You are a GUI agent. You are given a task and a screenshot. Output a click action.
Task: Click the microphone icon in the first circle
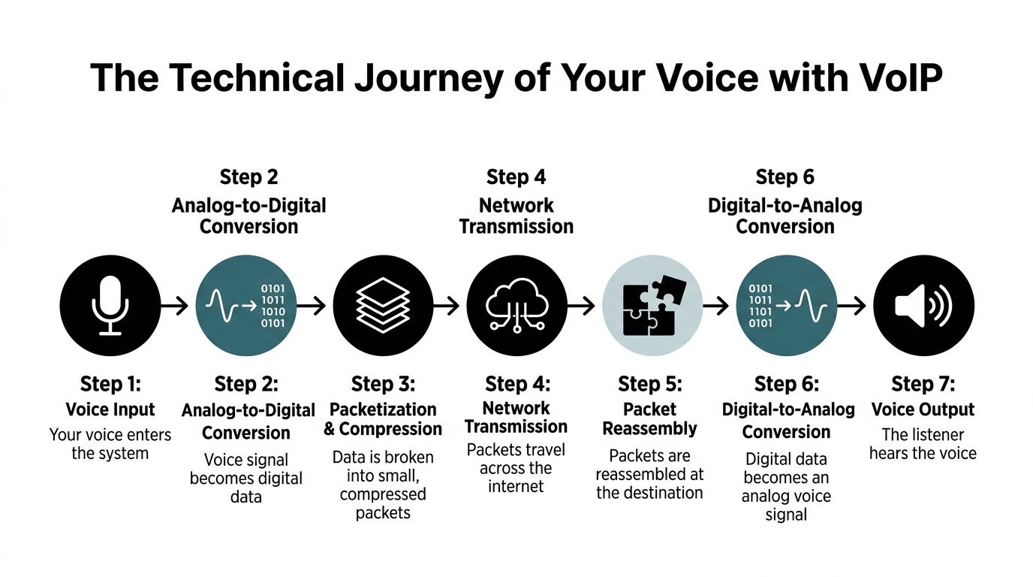click(110, 305)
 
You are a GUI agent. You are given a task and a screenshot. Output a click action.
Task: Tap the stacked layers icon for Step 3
click(382, 305)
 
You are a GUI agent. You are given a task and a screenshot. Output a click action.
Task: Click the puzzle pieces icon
click(652, 305)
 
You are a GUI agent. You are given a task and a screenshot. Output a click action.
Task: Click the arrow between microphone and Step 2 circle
click(176, 305)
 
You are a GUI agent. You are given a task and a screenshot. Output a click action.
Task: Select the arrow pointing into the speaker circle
click(852, 306)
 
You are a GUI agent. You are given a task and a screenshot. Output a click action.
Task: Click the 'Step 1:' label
click(110, 384)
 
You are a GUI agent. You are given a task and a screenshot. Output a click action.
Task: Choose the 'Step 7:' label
click(923, 384)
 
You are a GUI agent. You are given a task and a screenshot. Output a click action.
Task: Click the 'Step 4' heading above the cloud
click(516, 177)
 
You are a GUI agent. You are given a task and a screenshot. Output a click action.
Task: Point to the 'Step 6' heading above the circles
click(785, 177)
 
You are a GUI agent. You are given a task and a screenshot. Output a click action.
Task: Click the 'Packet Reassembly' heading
click(650, 418)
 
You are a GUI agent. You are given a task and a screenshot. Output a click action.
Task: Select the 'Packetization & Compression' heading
click(383, 418)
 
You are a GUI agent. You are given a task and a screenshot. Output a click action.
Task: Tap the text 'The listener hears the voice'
click(923, 443)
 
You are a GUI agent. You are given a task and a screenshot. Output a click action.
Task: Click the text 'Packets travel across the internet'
click(516, 467)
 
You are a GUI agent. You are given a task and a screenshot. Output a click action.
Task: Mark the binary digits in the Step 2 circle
click(273, 305)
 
